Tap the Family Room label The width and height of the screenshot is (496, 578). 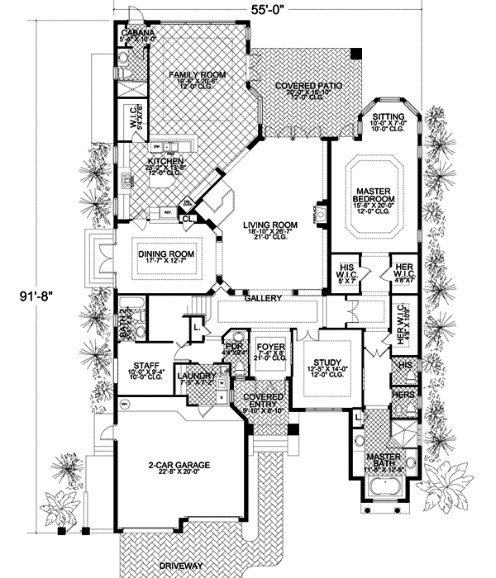pyautogui.click(x=187, y=75)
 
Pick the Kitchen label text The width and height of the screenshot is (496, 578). pyautogui.click(x=165, y=161)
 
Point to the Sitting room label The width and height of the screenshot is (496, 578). pyautogui.click(x=387, y=117)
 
